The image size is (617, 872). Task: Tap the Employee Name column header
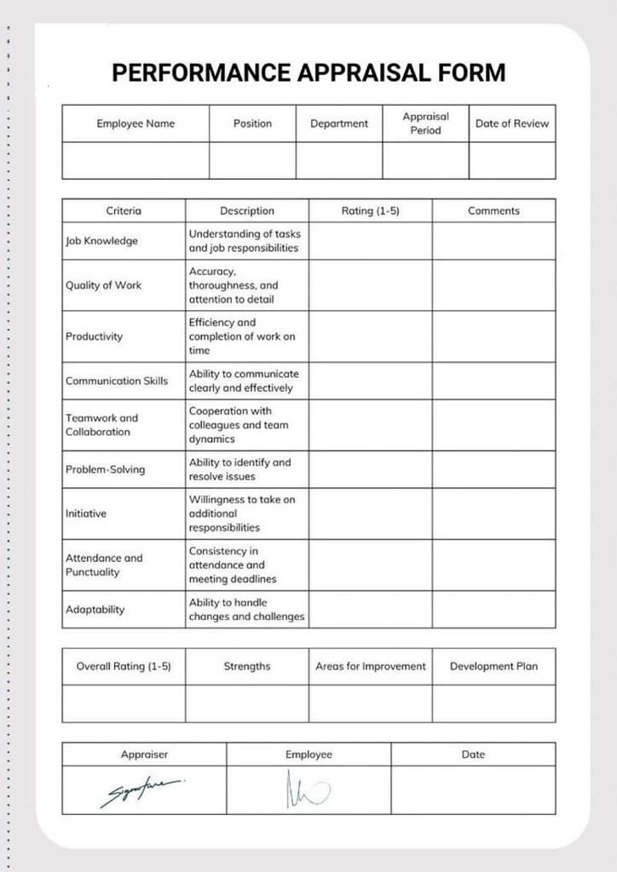click(x=136, y=123)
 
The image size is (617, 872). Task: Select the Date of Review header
click(x=512, y=123)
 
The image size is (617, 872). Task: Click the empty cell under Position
click(x=252, y=160)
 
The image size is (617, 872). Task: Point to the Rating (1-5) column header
click(x=370, y=211)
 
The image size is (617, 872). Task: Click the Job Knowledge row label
click(x=101, y=241)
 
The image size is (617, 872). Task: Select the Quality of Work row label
click(x=103, y=285)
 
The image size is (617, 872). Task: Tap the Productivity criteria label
click(x=94, y=336)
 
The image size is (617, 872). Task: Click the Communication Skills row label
click(x=117, y=381)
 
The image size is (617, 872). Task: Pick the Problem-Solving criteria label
click(x=105, y=469)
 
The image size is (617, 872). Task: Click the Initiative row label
click(x=86, y=513)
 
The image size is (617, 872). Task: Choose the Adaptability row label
click(x=95, y=610)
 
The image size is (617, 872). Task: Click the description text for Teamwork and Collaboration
click(x=239, y=425)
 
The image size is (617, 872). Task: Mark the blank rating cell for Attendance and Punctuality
click(x=370, y=565)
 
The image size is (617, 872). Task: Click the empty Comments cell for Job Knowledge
click(x=493, y=241)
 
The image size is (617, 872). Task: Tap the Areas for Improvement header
click(x=370, y=667)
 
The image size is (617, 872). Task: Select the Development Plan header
click(x=493, y=667)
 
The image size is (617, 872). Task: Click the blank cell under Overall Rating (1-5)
click(x=124, y=703)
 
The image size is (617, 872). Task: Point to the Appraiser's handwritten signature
click(x=141, y=791)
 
